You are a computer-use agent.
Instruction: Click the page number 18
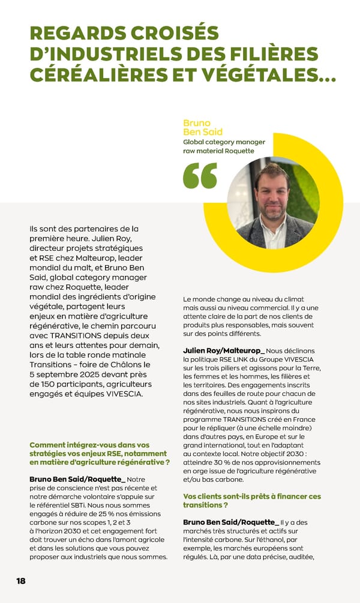[21, 581]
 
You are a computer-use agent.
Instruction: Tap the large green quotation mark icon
[200, 175]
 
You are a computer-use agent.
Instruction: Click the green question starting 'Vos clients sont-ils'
[251, 500]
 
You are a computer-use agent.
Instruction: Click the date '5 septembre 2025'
[67, 374]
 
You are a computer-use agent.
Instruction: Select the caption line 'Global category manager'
[224, 142]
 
